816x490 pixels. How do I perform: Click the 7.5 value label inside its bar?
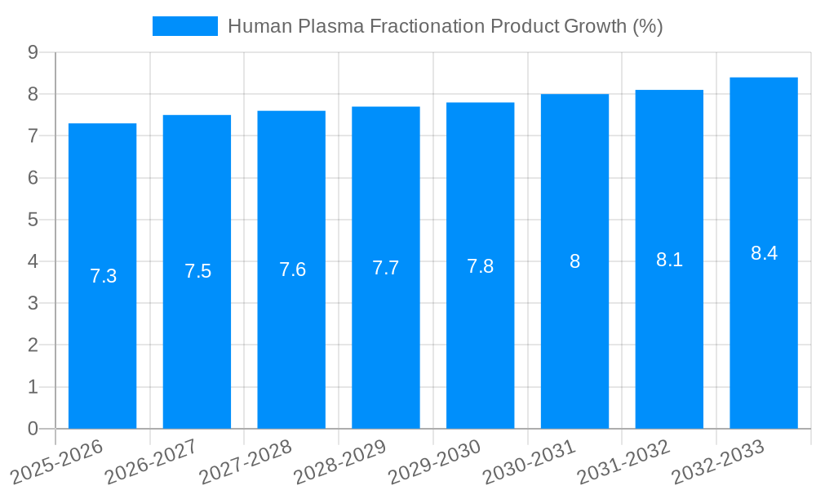tap(197, 271)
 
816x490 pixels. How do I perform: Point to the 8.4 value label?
tap(764, 253)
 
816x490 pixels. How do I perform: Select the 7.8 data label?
tap(480, 266)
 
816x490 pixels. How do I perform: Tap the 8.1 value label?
tap(669, 260)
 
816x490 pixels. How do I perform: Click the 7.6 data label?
tap(292, 269)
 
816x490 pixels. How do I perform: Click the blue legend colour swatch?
tap(185, 26)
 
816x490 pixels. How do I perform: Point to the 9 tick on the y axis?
tap(33, 52)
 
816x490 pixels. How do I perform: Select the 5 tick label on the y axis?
tap(33, 220)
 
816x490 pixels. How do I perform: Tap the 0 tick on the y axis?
tap(33, 429)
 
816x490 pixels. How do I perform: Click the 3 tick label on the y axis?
tap(33, 303)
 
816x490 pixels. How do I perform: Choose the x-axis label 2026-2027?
tap(151, 461)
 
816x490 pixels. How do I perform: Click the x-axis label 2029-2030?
tap(435, 461)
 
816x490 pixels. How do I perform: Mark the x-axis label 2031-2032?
tap(624, 461)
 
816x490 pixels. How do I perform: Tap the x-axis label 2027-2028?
tap(246, 461)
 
